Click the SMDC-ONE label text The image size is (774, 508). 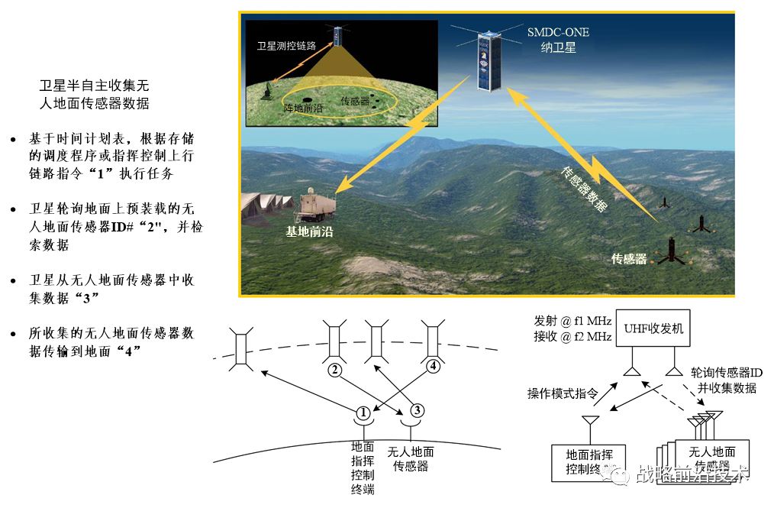point(558,32)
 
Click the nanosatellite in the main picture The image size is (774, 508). point(487,60)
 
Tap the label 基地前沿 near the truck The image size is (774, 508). point(309,230)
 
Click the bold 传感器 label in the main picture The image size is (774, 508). point(629,259)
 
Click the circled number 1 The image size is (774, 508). point(363,412)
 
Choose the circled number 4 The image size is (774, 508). point(433,366)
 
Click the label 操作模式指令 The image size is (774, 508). point(562,393)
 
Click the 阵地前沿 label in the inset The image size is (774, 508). point(303,108)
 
